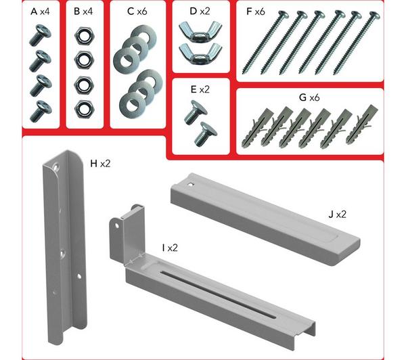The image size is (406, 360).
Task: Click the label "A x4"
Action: (x=40, y=12)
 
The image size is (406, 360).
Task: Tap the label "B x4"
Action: (x=83, y=12)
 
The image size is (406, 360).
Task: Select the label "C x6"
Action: (x=137, y=12)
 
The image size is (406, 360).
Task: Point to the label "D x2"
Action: (x=200, y=11)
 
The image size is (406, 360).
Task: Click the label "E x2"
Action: (x=200, y=89)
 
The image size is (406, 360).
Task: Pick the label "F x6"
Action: (x=256, y=12)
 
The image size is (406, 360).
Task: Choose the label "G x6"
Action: (x=309, y=97)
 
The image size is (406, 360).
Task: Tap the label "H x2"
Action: (x=100, y=164)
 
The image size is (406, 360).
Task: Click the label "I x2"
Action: (x=170, y=248)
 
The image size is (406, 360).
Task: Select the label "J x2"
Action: (x=337, y=215)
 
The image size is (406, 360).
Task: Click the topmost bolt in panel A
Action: (x=40, y=35)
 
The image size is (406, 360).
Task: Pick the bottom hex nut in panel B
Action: (x=84, y=109)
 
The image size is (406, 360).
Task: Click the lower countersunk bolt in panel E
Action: (x=206, y=134)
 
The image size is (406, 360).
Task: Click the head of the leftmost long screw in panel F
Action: (x=282, y=14)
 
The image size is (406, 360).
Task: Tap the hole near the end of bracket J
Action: (x=191, y=185)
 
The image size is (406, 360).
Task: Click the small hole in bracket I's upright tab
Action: (x=117, y=225)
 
